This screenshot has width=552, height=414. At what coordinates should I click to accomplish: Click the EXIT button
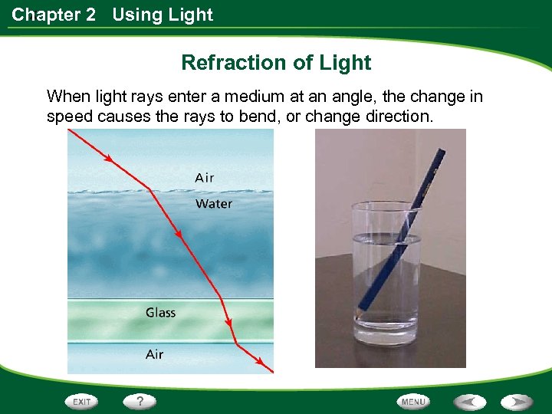pyautogui.click(x=82, y=402)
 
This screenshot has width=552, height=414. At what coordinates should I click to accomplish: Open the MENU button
pyautogui.click(x=413, y=402)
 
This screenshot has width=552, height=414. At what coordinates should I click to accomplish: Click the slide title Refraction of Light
pyautogui.click(x=276, y=63)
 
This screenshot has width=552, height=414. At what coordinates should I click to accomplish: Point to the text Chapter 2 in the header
pyautogui.click(x=54, y=15)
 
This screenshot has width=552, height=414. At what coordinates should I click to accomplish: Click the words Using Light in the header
pyautogui.click(x=163, y=15)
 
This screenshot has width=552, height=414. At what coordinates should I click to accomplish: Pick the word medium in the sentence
pyautogui.click(x=251, y=97)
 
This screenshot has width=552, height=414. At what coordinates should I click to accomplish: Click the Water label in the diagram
pyautogui.click(x=213, y=204)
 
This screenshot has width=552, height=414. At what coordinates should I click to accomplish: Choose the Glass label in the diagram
pyautogui.click(x=160, y=313)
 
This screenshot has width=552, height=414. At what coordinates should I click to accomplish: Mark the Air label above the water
pyautogui.click(x=205, y=178)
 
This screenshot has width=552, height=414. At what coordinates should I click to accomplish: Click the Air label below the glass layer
pyautogui.click(x=154, y=354)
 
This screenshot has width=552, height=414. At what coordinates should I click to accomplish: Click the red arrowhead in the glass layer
pyautogui.click(x=228, y=322)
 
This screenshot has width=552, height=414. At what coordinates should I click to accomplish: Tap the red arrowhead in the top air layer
pyautogui.click(x=108, y=159)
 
